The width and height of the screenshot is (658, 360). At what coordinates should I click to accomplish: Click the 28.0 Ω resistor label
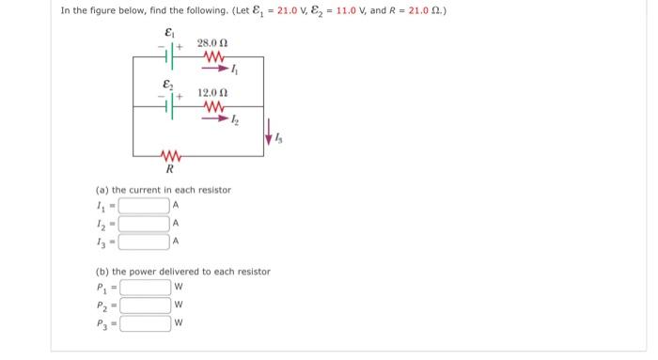tap(211, 44)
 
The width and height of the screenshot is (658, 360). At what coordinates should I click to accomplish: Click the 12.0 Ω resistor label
tap(211, 93)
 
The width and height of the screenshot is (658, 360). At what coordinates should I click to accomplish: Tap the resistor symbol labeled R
tap(170, 156)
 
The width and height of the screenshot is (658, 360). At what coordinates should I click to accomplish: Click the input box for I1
tap(145, 206)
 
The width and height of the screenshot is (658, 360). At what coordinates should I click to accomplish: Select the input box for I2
tap(145, 224)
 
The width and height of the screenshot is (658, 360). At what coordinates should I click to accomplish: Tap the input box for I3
tap(145, 242)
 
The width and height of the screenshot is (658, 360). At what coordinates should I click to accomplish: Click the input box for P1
tap(145, 288)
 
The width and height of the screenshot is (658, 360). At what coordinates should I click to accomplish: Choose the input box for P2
tap(145, 305)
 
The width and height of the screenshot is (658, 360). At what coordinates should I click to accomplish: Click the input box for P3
tap(145, 323)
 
